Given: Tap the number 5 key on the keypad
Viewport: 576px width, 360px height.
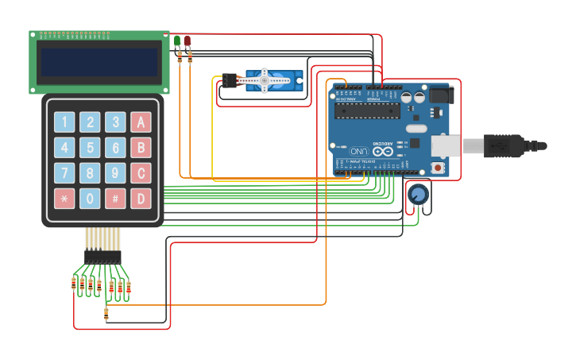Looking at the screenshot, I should click(91, 148).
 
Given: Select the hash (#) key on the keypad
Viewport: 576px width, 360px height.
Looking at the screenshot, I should click(116, 198).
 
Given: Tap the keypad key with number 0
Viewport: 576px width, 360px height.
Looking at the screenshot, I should click(91, 198).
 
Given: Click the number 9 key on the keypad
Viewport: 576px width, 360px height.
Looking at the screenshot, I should click(116, 173).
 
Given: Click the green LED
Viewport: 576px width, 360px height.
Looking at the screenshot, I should click(177, 41).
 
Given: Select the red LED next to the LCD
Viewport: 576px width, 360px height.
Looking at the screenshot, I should click(187, 41).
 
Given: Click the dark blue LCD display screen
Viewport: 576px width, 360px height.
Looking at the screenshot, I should click(99, 62).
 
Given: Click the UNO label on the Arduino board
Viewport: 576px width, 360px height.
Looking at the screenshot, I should click(359, 151).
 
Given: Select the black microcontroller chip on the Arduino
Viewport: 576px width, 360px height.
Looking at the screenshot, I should click(366, 110).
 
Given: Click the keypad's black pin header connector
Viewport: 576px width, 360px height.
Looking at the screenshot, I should click(103, 257).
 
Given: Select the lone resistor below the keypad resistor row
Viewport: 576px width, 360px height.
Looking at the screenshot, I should click(106, 315).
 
